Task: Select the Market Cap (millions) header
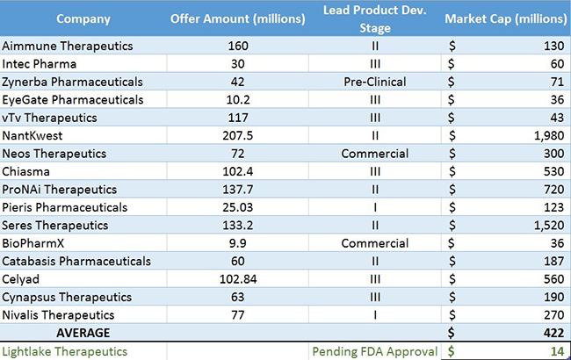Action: (x=506, y=18)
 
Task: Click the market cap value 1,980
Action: (x=542, y=134)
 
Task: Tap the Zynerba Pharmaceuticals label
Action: (x=73, y=81)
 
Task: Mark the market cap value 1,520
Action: (x=542, y=225)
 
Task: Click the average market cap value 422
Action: (x=550, y=333)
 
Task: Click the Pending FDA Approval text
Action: (x=375, y=351)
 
